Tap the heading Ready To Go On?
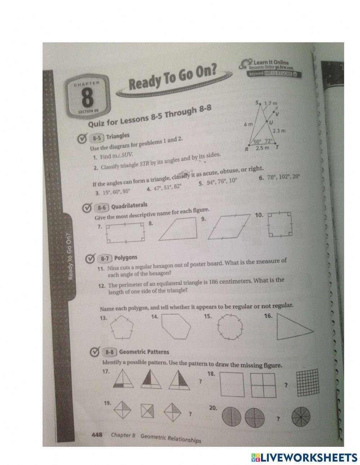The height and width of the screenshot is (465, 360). pyautogui.click(x=174, y=79)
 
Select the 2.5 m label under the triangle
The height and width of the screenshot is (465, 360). pyautogui.click(x=262, y=148)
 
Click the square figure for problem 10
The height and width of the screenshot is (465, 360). pyautogui.click(x=279, y=225)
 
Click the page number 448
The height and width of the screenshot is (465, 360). pyautogui.click(x=97, y=435)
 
